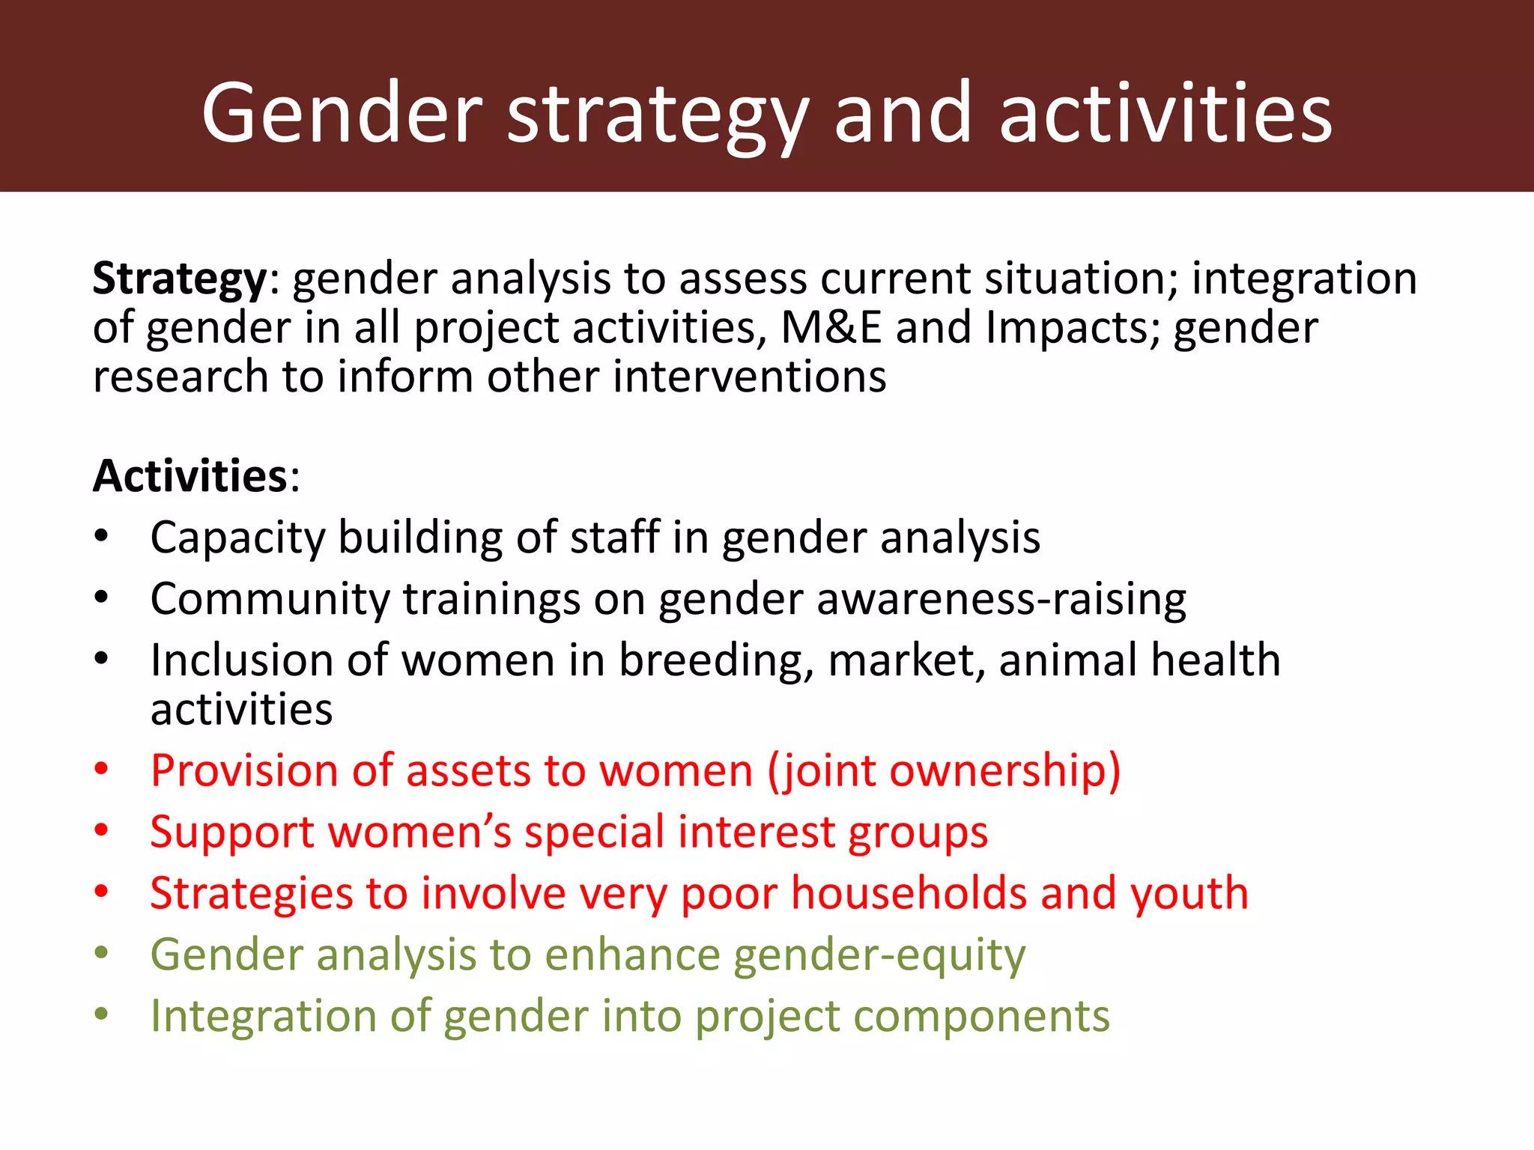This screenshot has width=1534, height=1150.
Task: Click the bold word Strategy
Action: pyautogui.click(x=179, y=280)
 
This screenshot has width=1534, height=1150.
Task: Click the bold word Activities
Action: pyautogui.click(x=190, y=476)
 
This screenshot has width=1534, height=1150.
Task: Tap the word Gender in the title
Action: pyautogui.click(x=342, y=114)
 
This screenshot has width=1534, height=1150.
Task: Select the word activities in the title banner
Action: pyautogui.click(x=1165, y=114)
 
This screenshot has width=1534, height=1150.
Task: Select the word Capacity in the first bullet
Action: pyautogui.click(x=237, y=539)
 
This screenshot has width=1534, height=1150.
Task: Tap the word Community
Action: pyautogui.click(x=270, y=600)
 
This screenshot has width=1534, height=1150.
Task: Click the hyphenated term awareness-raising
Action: pyautogui.click(x=1001, y=600)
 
